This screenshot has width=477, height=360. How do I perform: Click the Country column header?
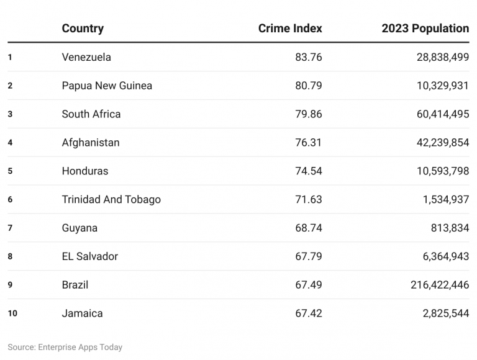pos(83,29)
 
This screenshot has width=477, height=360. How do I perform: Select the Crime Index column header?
pos(290,29)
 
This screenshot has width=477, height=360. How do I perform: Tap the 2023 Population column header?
pos(425,29)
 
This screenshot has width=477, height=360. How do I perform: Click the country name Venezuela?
pos(86,57)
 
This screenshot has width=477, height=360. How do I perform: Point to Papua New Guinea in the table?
pos(107,86)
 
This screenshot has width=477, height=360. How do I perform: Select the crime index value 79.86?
pos(309,114)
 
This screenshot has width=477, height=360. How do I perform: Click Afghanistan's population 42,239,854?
pos(443,143)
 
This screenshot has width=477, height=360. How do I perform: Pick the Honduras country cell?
pos(84,171)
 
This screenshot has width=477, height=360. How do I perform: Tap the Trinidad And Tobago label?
pos(111,200)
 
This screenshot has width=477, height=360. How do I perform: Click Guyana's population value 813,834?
pos(450,228)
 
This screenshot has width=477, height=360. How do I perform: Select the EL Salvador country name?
pos(89,256)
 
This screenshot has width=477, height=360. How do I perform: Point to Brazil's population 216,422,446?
pos(440,285)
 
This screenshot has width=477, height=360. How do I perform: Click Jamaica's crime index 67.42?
pos(309,313)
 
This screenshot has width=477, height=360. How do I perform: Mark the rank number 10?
pos(12,313)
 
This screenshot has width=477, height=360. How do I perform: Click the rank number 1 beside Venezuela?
pos(10,57)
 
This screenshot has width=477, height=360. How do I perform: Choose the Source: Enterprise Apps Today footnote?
pos(65,348)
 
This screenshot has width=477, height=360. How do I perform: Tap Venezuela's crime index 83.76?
pos(309,57)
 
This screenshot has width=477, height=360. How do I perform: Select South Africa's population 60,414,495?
pos(443,114)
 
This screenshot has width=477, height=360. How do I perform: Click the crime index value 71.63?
pos(309,200)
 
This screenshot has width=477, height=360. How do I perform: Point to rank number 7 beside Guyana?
pos(10,228)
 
